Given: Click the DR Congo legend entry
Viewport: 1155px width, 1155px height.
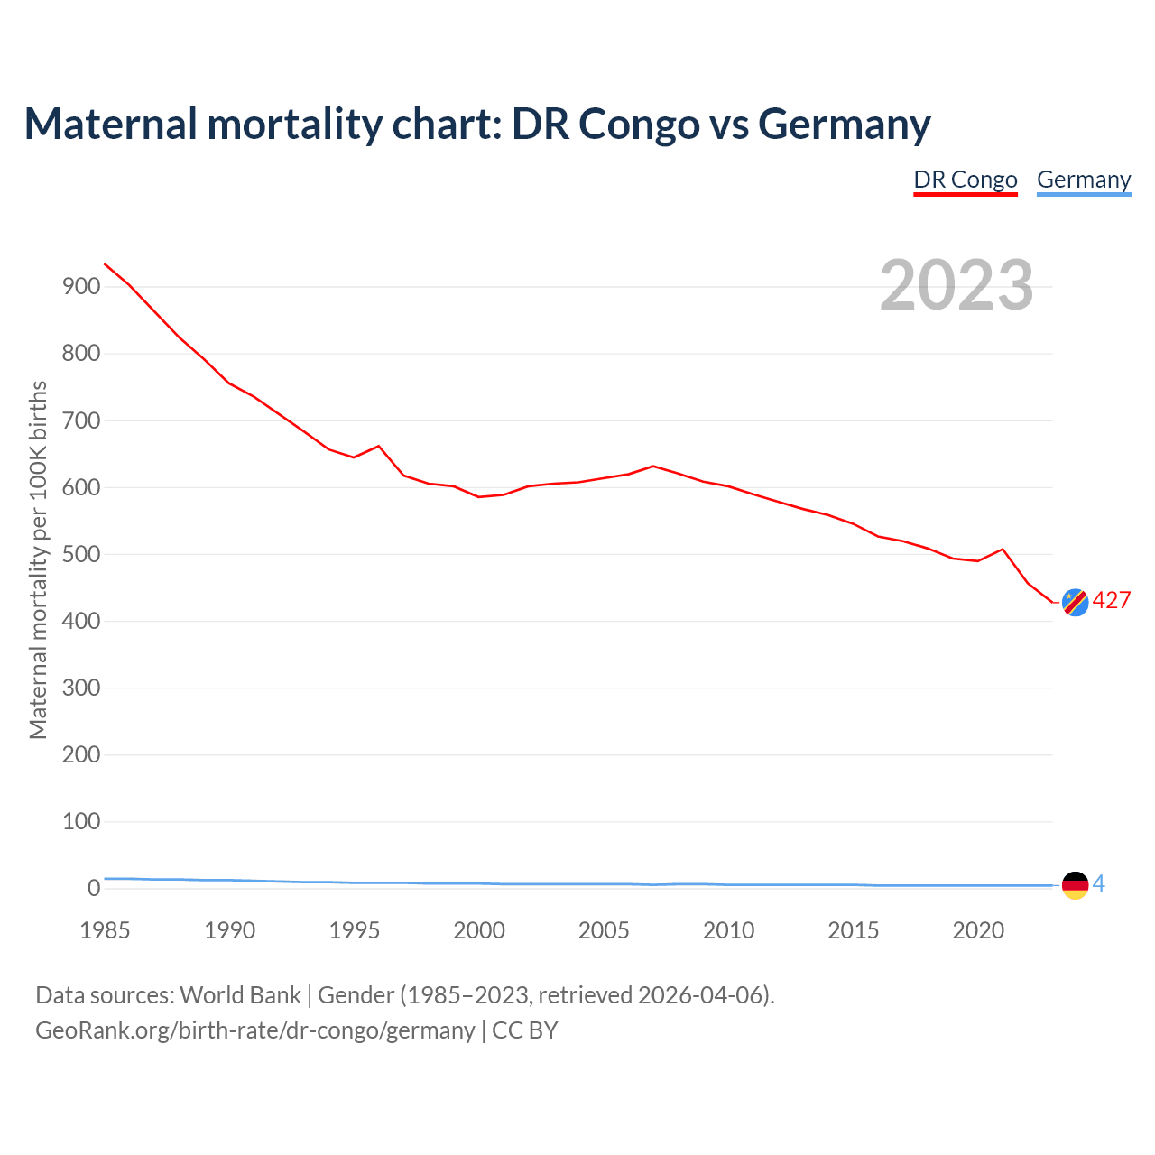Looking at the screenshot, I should (966, 180).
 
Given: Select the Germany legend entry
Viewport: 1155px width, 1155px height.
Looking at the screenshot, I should (1084, 180).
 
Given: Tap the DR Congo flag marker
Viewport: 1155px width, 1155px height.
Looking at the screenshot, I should (1075, 602).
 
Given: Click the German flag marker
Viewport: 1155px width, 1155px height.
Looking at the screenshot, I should (1075, 885).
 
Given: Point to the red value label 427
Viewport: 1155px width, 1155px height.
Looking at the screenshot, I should (1112, 601).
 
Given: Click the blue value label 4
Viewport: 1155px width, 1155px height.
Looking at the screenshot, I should (1099, 884).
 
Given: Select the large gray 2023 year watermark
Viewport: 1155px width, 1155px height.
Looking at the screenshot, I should (956, 285).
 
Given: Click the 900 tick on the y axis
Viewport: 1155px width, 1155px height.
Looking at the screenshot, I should (81, 287).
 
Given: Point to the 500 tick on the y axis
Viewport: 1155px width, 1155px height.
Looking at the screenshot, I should (81, 554).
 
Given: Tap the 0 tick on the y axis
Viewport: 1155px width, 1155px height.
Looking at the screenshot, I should (94, 888).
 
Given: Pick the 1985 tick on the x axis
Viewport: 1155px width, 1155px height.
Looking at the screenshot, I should (105, 930).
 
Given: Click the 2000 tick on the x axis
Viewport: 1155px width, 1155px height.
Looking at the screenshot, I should (479, 930).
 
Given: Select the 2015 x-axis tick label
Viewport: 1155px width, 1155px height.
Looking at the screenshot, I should (854, 930).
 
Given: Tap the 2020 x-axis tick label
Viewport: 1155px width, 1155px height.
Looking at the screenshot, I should (978, 930).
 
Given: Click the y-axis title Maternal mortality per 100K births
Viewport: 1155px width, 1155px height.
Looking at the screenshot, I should (38, 559).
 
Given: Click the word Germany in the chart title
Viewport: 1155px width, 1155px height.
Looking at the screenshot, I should (845, 124).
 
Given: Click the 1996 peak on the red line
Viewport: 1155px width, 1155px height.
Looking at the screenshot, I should (379, 446).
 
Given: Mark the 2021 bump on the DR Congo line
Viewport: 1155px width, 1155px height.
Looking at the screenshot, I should (1003, 549).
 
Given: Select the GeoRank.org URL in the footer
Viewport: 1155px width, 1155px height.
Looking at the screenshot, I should (255, 1030).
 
